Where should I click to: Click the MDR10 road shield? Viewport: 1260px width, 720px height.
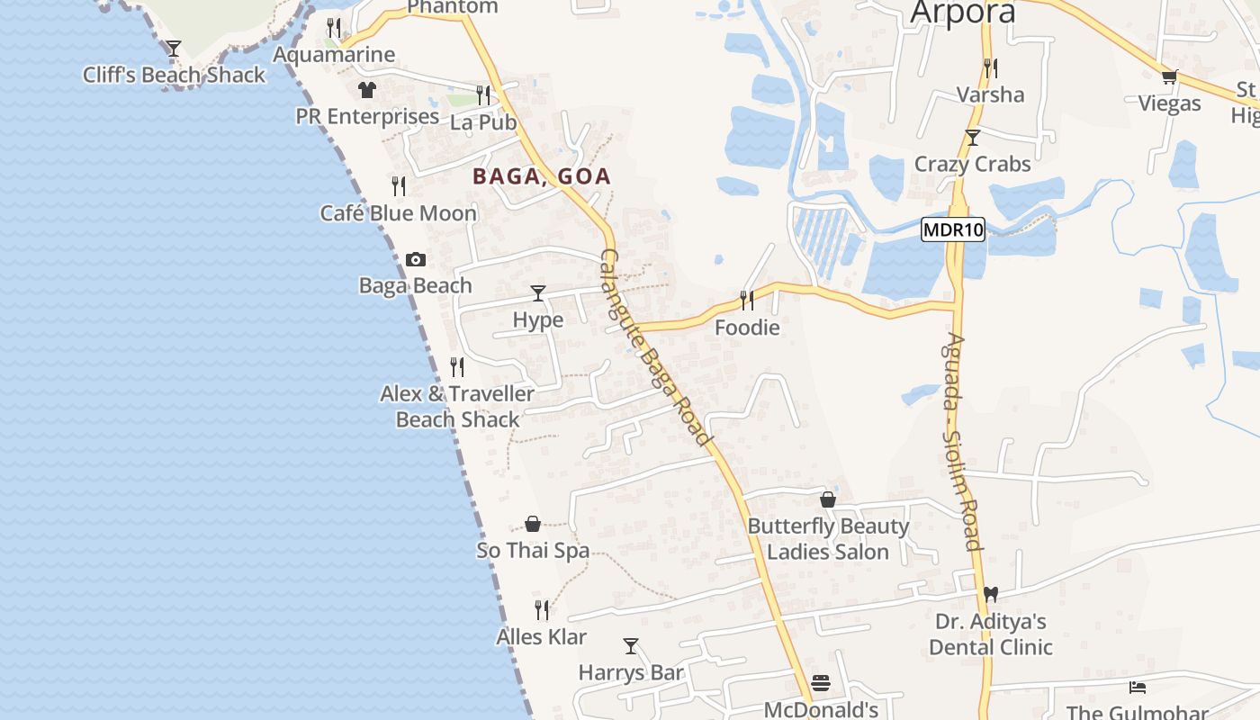point(953,229)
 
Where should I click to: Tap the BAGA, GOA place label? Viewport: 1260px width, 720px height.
point(542,176)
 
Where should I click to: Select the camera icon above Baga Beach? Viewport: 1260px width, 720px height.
point(415,259)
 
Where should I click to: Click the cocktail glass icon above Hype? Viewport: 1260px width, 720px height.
point(538,292)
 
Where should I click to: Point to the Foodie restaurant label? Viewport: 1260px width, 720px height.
point(747,328)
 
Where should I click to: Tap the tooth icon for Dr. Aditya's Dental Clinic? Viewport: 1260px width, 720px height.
point(991,594)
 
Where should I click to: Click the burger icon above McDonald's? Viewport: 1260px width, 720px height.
point(820,683)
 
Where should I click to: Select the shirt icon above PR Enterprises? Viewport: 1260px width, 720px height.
point(366,89)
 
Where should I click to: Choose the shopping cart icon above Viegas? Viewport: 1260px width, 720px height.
point(1169,76)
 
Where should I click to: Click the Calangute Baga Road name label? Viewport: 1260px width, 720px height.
point(654,346)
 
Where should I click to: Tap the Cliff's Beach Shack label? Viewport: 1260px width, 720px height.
point(174,75)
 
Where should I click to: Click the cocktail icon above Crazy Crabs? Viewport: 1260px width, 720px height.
point(972,137)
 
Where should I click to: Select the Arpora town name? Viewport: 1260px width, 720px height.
point(962,13)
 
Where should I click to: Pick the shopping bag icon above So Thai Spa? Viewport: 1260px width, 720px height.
point(533,523)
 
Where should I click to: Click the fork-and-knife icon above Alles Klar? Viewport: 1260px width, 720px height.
point(542,609)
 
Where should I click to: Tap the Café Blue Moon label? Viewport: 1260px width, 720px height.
point(399,213)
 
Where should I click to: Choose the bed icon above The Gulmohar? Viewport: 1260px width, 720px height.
point(1138,688)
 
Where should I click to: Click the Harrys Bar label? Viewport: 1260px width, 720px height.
point(631,672)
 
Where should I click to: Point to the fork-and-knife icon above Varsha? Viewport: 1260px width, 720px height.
point(990,67)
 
